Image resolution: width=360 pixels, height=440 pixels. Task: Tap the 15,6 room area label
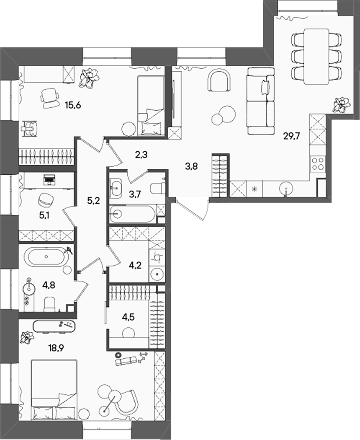(x=73, y=106)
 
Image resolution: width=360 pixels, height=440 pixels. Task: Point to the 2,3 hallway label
(x=141, y=154)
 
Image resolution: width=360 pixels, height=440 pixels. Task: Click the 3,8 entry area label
(x=191, y=166)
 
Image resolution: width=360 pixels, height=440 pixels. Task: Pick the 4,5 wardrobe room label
(x=129, y=317)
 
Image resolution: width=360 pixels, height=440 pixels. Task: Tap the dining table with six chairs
(x=316, y=56)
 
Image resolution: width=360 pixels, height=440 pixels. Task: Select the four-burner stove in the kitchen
(x=317, y=163)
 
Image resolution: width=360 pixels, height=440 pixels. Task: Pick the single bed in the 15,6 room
(x=150, y=106)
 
